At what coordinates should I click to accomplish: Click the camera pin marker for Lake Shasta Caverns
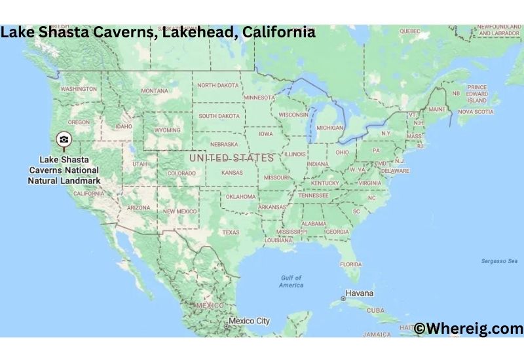[x=64, y=139]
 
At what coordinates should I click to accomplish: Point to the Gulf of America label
[x=291, y=281]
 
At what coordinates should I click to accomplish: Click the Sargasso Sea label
[x=498, y=261]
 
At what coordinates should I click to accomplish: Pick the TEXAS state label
[x=231, y=232]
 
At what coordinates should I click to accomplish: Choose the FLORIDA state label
[x=350, y=264]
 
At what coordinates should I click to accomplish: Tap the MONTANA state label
[x=155, y=91]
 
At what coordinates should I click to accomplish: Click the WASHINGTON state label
[x=79, y=88]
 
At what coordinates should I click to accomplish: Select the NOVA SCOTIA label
[x=475, y=112]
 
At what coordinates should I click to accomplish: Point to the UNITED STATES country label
[x=231, y=158]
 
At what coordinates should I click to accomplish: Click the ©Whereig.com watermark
[x=468, y=329]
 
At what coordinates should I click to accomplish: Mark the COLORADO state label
[x=181, y=173]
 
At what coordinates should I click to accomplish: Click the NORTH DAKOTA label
[x=218, y=85]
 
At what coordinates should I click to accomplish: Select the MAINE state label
[x=438, y=110]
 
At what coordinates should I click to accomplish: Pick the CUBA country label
[x=375, y=310]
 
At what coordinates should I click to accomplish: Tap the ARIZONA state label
[x=138, y=207]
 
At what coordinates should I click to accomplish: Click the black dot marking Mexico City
[x=227, y=322]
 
